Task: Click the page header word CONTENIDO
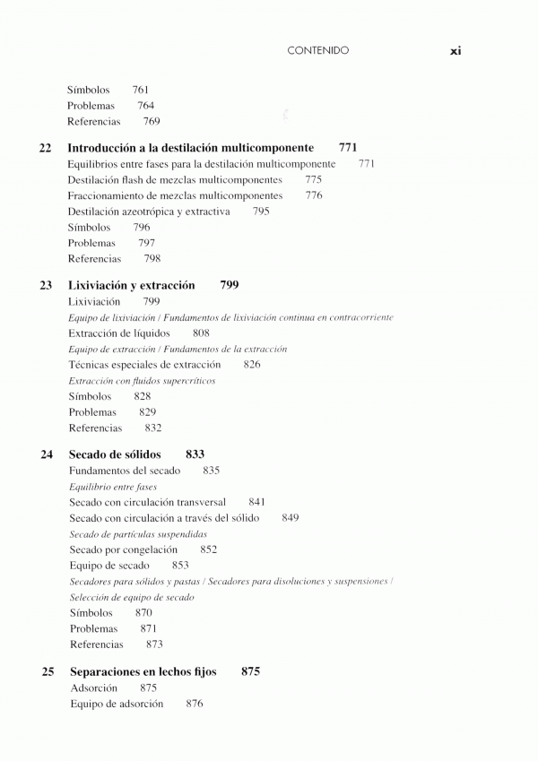[318, 51]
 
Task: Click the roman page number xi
[455, 51]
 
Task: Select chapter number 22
[46, 147]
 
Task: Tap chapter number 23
[46, 285]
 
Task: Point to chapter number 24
[47, 454]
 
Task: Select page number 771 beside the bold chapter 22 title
[349, 147]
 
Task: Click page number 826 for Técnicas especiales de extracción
[252, 365]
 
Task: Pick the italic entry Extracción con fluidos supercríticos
[142, 381]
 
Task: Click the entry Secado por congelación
[123, 549]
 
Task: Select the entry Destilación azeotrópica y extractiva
[149, 212]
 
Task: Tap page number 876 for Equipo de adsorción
[195, 704]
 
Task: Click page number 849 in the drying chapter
[291, 518]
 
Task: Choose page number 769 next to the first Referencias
[152, 122]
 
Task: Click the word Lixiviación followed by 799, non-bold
[94, 302]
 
